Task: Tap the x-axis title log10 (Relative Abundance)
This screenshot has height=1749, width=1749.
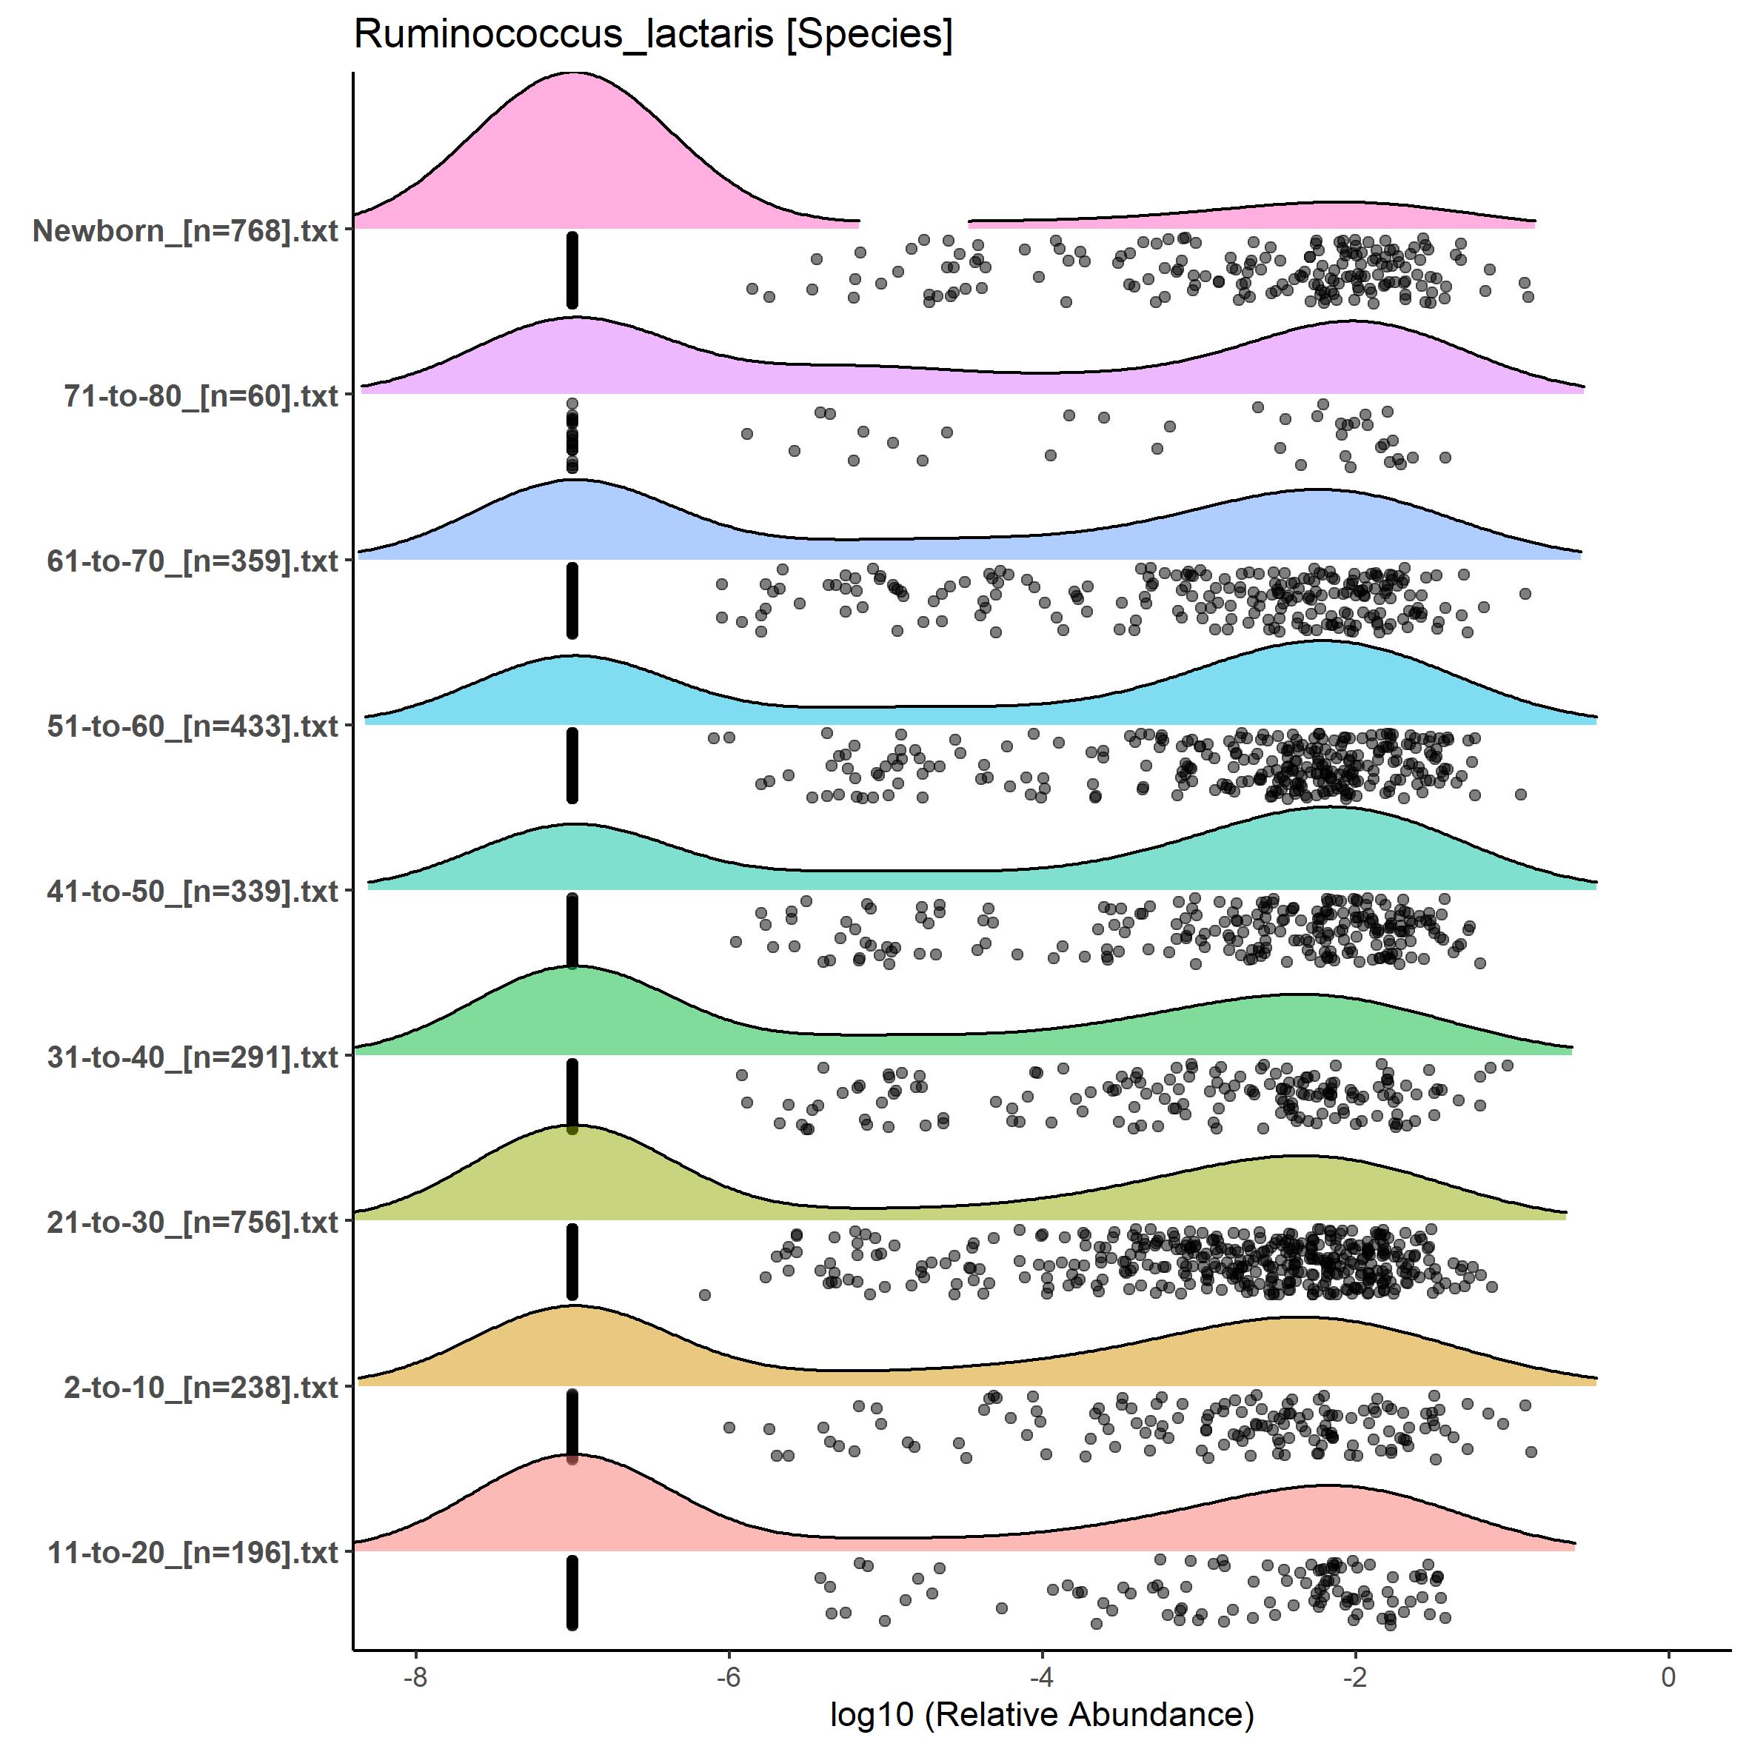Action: pos(1042,1713)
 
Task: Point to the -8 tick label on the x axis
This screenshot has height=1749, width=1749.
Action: pos(415,1676)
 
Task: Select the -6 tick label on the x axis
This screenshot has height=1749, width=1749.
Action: pos(729,1676)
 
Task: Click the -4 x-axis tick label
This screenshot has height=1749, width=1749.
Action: pos(1042,1676)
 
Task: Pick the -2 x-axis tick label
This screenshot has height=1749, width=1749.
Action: pos(1355,1676)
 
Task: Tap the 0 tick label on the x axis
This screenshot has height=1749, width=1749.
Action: pos(1668,1676)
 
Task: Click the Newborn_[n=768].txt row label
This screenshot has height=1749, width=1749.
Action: pos(186,231)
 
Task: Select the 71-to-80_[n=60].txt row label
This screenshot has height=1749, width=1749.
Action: pos(201,395)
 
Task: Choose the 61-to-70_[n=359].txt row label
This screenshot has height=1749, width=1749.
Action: pos(193,561)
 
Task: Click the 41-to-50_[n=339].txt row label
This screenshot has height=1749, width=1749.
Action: pos(193,892)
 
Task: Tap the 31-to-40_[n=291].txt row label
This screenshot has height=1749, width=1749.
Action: pos(193,1057)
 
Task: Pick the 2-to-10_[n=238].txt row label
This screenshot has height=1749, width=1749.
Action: pos(201,1387)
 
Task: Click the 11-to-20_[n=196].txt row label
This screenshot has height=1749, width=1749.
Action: pos(193,1553)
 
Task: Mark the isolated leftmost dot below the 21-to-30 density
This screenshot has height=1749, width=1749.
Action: pos(705,1294)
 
